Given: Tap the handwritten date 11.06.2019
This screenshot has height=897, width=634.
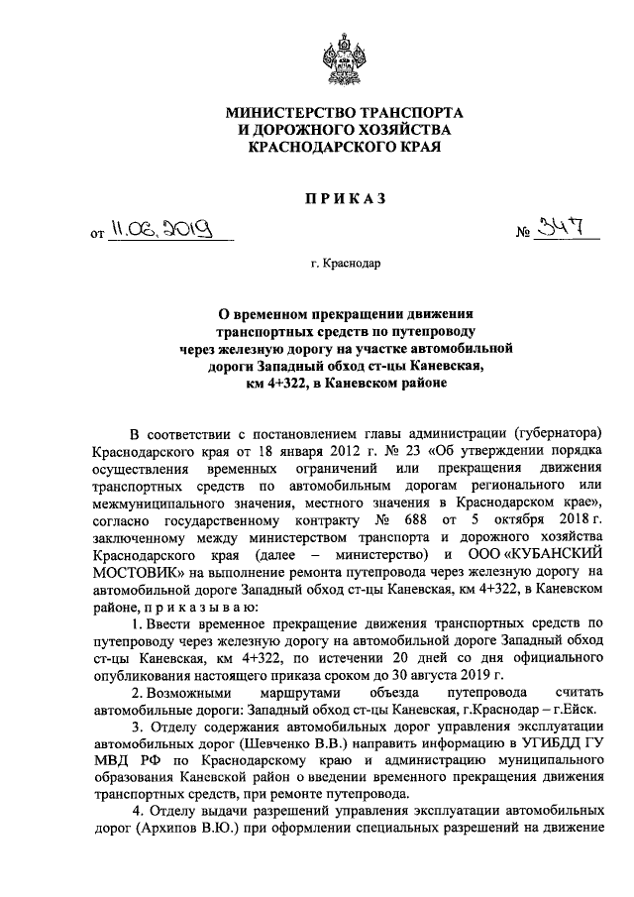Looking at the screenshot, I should point(161,234).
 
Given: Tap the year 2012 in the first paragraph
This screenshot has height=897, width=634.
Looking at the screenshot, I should point(321,452).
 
